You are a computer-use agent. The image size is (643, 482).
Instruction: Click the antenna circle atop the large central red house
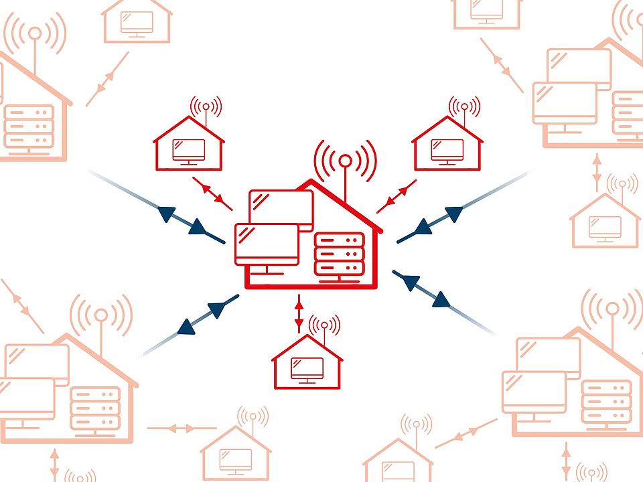pyautogui.click(x=345, y=160)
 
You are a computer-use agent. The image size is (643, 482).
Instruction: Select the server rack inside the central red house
pyautogui.click(x=339, y=254)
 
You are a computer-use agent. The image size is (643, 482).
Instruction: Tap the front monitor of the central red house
pyautogui.click(x=267, y=245)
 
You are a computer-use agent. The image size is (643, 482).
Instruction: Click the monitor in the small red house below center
pyautogui.click(x=307, y=368)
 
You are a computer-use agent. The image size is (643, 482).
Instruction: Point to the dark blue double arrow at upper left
pyautogui.click(x=182, y=220)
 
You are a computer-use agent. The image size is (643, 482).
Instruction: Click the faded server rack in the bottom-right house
pyautogui.click(x=606, y=401)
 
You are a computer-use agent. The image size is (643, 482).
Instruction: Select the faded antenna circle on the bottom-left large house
pyautogui.click(x=100, y=315)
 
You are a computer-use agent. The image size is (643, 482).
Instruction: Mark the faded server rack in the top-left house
pyautogui.click(x=29, y=127)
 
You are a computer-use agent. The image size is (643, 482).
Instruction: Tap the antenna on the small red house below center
pyautogui.click(x=325, y=326)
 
